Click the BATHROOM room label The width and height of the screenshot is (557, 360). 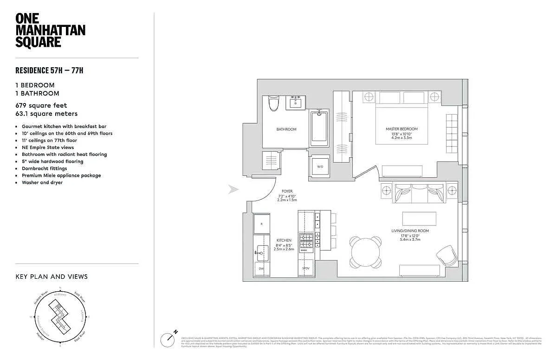(286, 129)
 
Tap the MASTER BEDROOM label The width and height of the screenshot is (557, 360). (402, 129)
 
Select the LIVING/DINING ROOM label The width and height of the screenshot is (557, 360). (410, 231)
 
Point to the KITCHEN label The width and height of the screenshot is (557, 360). (284, 240)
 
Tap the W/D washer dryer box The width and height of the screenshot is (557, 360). (320, 167)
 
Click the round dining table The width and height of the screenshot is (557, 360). (365, 252)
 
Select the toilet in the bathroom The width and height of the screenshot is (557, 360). (274, 103)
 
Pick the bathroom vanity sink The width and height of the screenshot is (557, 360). (296, 102)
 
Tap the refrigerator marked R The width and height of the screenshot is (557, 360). (261, 224)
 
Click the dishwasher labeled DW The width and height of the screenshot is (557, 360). (261, 268)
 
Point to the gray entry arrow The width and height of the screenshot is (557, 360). (233, 189)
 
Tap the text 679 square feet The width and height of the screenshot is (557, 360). (42, 106)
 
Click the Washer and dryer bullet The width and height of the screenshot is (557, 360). (42, 183)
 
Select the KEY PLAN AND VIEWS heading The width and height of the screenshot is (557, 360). (52, 277)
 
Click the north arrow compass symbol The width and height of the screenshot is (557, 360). (168, 340)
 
